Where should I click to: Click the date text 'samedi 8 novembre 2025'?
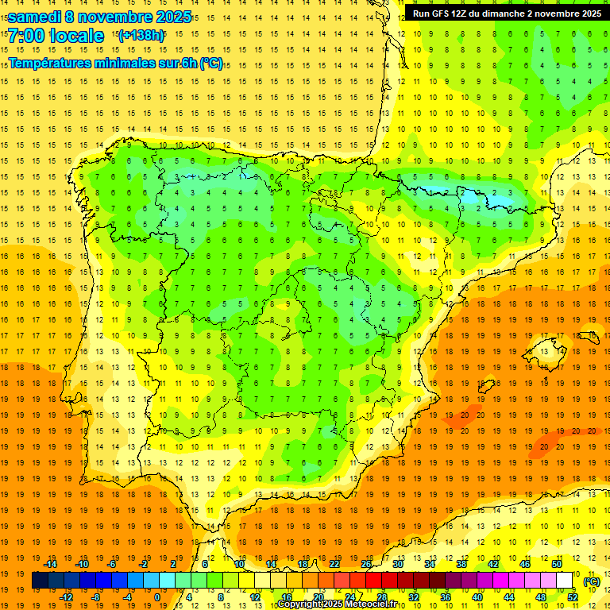[x=100, y=17]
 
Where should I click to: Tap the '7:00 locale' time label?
[x=56, y=36]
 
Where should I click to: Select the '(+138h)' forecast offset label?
[x=141, y=36]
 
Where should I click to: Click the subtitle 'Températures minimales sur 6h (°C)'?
[x=116, y=64]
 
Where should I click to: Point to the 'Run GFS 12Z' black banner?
[x=507, y=14]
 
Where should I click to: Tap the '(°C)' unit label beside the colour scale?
[x=592, y=581]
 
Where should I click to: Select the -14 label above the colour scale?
[x=51, y=564]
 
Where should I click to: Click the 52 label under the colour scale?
[x=572, y=597]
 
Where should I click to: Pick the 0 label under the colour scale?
[x=157, y=597]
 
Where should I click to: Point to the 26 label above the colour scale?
[x=366, y=564]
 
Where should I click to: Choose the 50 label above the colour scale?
[x=557, y=564]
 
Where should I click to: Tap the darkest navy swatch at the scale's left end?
[x=40, y=581]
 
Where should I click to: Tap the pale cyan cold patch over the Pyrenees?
[x=477, y=193]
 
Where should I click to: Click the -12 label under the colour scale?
[x=66, y=597]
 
